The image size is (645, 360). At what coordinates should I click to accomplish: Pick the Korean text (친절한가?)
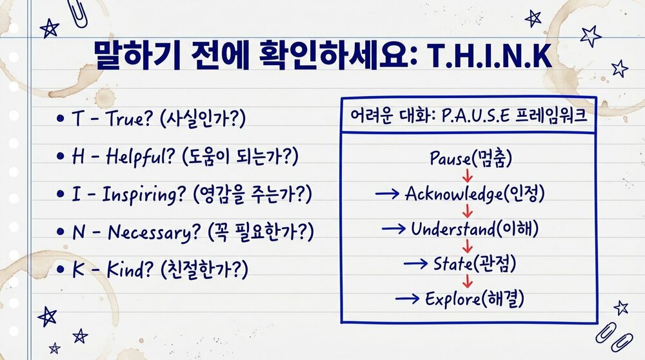(204, 268)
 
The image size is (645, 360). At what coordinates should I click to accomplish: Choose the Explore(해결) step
(473, 298)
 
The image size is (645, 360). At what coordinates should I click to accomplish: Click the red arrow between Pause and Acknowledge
(467, 175)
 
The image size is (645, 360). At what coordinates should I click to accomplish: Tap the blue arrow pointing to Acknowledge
(387, 194)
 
